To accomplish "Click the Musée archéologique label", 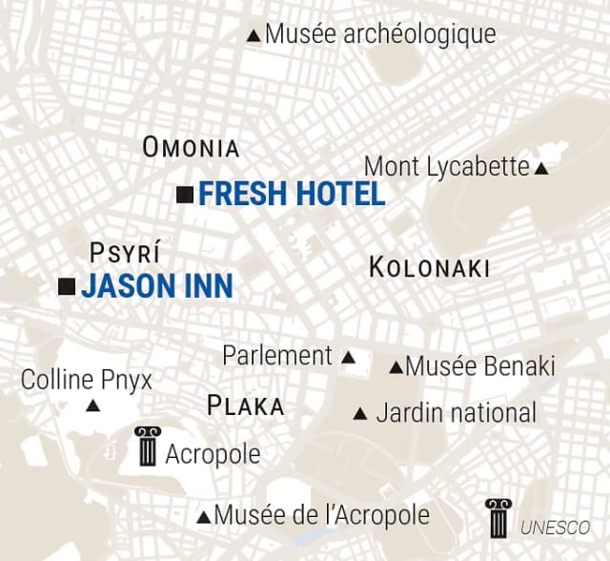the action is click(380, 34).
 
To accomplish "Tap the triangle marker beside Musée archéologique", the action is click(253, 36).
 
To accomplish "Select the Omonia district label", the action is click(191, 148).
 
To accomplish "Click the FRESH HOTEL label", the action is click(292, 195).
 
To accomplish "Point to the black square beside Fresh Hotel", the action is click(186, 195).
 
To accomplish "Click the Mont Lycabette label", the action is click(446, 167).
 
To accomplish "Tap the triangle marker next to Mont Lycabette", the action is click(541, 169).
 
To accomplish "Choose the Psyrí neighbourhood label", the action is click(124, 253).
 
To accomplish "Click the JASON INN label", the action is click(156, 286).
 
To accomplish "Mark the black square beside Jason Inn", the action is click(67, 286).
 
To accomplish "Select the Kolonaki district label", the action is click(429, 268).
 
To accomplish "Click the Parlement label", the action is click(277, 356).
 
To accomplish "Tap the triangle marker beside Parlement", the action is click(348, 359).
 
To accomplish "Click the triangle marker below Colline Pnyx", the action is click(93, 406).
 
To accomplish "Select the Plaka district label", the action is click(245, 406).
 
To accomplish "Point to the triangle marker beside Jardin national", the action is click(360, 414).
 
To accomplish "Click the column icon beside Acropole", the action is click(147, 446).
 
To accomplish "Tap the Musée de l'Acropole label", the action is click(321, 515).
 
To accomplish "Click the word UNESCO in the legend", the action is click(555, 527).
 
